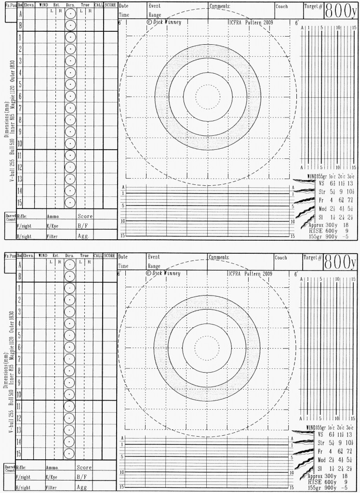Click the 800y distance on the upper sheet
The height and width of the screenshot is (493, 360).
[x=342, y=9]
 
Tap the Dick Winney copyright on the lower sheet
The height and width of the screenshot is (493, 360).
[x=163, y=273]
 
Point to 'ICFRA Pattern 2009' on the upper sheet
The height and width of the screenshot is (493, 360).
[x=251, y=22]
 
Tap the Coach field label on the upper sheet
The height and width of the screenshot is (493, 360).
[x=282, y=6]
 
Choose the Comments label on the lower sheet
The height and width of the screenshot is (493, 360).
[x=219, y=257]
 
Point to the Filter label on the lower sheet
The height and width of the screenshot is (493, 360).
[x=53, y=487]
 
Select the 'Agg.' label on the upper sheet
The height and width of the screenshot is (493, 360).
[x=84, y=236]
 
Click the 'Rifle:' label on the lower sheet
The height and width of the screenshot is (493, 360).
[x=22, y=467]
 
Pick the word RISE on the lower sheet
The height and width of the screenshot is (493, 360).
[x=317, y=481]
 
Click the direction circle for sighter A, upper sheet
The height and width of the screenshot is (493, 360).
[x=70, y=14]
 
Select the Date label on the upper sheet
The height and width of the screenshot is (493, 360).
[x=124, y=6]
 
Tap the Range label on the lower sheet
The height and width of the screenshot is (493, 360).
[x=155, y=266]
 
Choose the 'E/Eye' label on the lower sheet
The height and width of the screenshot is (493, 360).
[x=53, y=477]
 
